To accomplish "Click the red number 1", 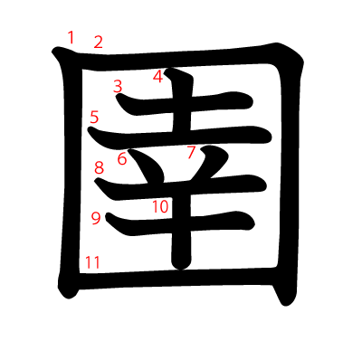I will [71, 37].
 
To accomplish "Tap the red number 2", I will [98, 42].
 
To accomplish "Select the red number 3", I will [118, 86].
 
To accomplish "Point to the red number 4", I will [157, 77].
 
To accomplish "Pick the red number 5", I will [94, 117].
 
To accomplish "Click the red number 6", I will [121, 160].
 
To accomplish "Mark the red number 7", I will [191, 152].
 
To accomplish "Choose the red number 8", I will [100, 167].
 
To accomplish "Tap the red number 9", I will [96, 217].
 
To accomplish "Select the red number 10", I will [160, 206].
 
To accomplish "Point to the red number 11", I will [91, 262].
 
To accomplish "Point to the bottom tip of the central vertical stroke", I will [180, 265].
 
